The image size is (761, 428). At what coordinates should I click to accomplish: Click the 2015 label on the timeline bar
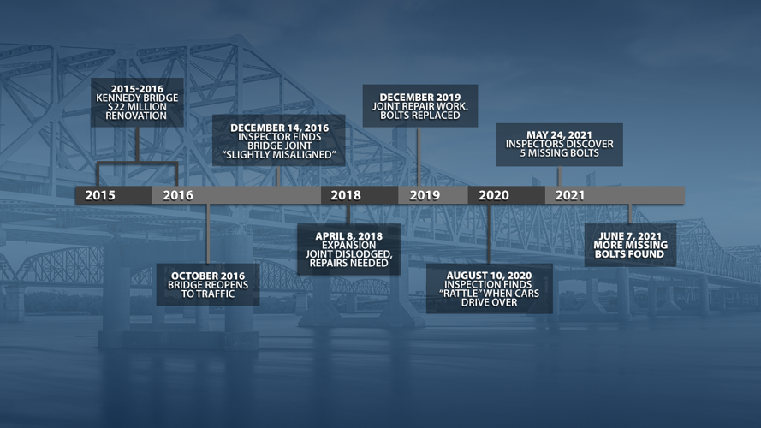[101, 195]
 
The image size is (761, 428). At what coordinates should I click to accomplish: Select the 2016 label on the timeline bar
[178, 195]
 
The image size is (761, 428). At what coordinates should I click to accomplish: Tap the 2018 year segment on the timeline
[346, 195]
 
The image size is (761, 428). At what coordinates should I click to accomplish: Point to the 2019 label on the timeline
[425, 195]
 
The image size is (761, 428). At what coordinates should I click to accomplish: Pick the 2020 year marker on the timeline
[494, 195]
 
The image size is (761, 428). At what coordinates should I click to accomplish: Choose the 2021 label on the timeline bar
[570, 195]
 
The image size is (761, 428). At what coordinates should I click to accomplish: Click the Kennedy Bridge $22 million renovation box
[137, 102]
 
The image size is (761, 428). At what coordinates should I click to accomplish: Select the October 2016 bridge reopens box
[208, 284]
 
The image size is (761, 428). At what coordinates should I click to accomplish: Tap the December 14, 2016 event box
[279, 141]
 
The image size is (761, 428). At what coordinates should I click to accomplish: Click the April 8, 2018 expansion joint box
[348, 249]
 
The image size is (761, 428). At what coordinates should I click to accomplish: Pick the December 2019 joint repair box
[419, 106]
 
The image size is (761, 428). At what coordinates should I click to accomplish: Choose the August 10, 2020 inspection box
[489, 288]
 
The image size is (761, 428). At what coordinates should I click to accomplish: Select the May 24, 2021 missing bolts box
[558, 145]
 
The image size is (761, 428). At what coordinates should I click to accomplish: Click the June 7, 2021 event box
[630, 245]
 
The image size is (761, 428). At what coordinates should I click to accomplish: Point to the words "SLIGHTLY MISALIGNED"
[279, 155]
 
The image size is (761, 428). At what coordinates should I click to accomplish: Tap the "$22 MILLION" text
[137, 106]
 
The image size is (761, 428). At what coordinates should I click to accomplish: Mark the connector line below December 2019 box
[419, 156]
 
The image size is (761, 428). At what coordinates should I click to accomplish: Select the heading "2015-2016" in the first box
[137, 88]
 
